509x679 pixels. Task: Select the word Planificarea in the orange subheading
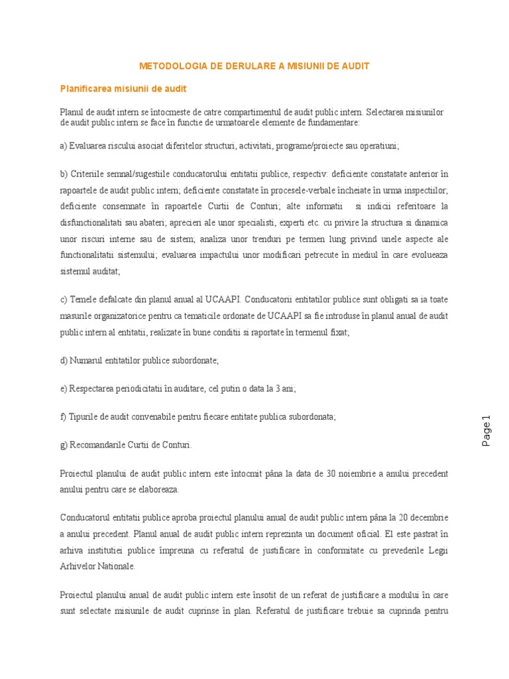[86, 88]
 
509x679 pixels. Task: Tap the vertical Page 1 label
[486, 430]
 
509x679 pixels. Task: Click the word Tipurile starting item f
[85, 416]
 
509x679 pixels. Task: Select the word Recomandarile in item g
[97, 445]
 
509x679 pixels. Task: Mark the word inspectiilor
[424, 190]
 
